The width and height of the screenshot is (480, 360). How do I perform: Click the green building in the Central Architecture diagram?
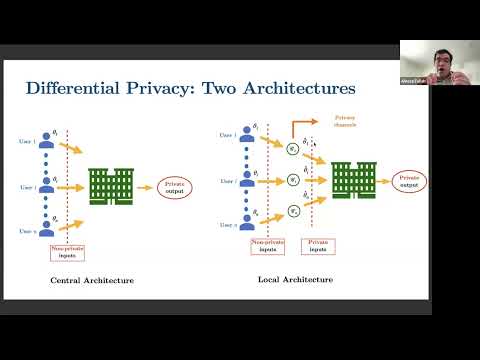pyautogui.click(x=111, y=185)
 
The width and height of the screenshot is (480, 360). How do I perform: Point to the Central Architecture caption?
pyautogui.click(x=92, y=280)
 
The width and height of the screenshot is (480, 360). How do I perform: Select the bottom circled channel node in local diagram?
pyautogui.click(x=292, y=211)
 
